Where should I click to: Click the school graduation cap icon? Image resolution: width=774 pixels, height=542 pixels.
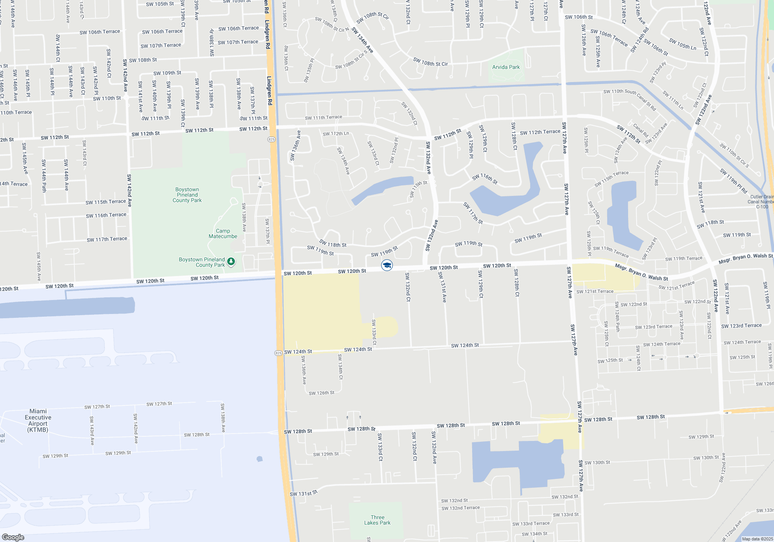pyautogui.click(x=387, y=265)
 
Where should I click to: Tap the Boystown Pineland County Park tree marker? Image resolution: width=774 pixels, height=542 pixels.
pyautogui.click(x=231, y=262)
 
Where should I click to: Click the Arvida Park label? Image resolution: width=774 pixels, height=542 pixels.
pyautogui.click(x=506, y=67)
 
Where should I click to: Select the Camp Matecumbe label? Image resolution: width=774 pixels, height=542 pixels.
pyautogui.click(x=223, y=233)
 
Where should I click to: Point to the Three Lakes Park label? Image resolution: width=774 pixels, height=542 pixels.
pyautogui.click(x=377, y=520)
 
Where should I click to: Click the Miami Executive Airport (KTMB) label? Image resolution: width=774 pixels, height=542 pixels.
pyautogui.click(x=38, y=420)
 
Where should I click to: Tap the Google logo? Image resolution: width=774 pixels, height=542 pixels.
pyautogui.click(x=13, y=537)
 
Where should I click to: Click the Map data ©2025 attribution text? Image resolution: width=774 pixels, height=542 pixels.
pyautogui.click(x=757, y=539)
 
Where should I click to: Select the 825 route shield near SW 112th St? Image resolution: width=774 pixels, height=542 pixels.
pyautogui.click(x=271, y=139)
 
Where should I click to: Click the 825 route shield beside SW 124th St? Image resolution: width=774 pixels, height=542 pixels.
pyautogui.click(x=279, y=353)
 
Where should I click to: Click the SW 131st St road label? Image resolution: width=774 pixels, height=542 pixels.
pyautogui.click(x=303, y=493)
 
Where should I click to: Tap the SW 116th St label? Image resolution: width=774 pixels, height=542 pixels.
pyautogui.click(x=485, y=178)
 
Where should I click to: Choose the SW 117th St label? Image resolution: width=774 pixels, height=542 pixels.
pyautogui.click(x=473, y=213)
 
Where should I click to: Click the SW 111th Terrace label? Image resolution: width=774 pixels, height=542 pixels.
pyautogui.click(x=324, y=117)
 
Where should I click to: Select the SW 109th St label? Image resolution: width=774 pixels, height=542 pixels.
pyautogui.click(x=167, y=73)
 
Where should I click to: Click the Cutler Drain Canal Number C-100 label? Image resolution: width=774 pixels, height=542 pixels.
pyautogui.click(x=762, y=202)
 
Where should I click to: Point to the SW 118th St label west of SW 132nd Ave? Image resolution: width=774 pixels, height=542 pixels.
pyautogui.click(x=332, y=244)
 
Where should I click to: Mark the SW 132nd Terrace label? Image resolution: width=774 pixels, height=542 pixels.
pyautogui.click(x=461, y=508)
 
